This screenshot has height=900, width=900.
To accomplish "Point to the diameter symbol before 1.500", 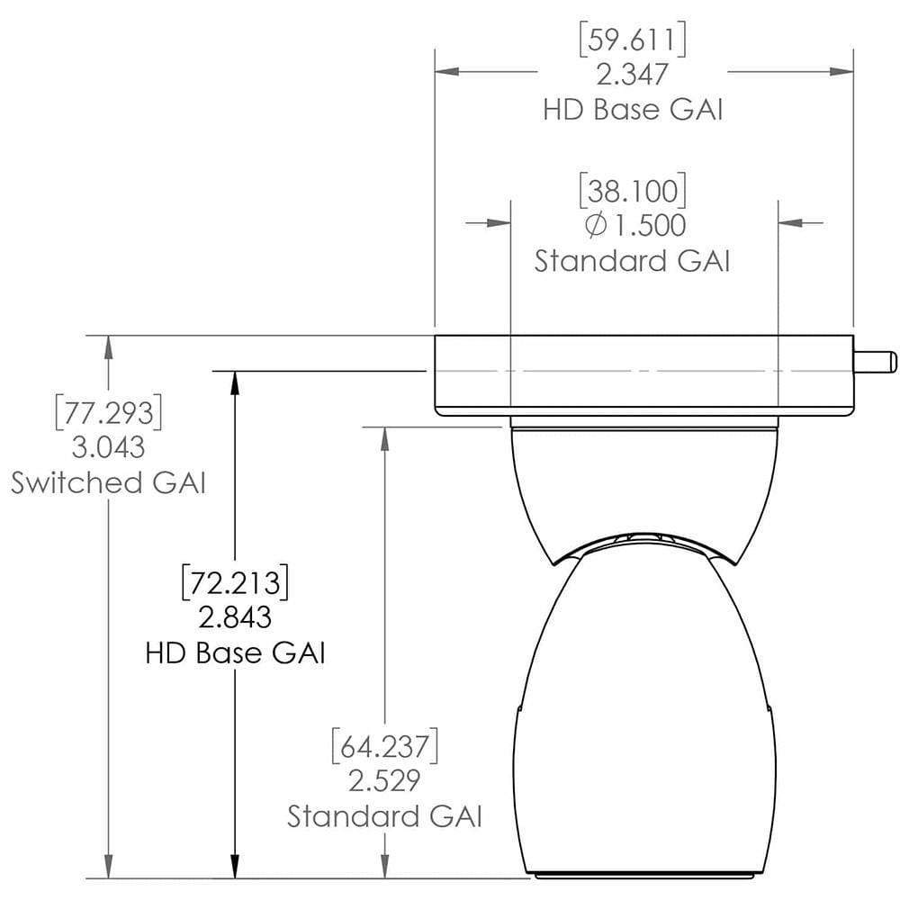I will point(595,225).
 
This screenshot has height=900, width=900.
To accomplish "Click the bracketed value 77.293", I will point(108,413).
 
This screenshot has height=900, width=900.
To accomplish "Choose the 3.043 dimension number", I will point(108,447).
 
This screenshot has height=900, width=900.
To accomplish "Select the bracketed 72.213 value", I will point(235,582).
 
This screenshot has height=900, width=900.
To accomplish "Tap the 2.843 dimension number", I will point(235,616).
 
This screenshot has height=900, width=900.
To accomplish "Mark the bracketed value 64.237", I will point(384,747).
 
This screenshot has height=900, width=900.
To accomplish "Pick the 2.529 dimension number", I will point(384,781).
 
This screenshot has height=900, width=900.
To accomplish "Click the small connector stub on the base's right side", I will point(875,362).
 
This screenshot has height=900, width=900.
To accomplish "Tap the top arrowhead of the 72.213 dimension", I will point(235,379).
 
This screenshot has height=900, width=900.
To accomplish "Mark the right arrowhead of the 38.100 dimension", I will point(786,221).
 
